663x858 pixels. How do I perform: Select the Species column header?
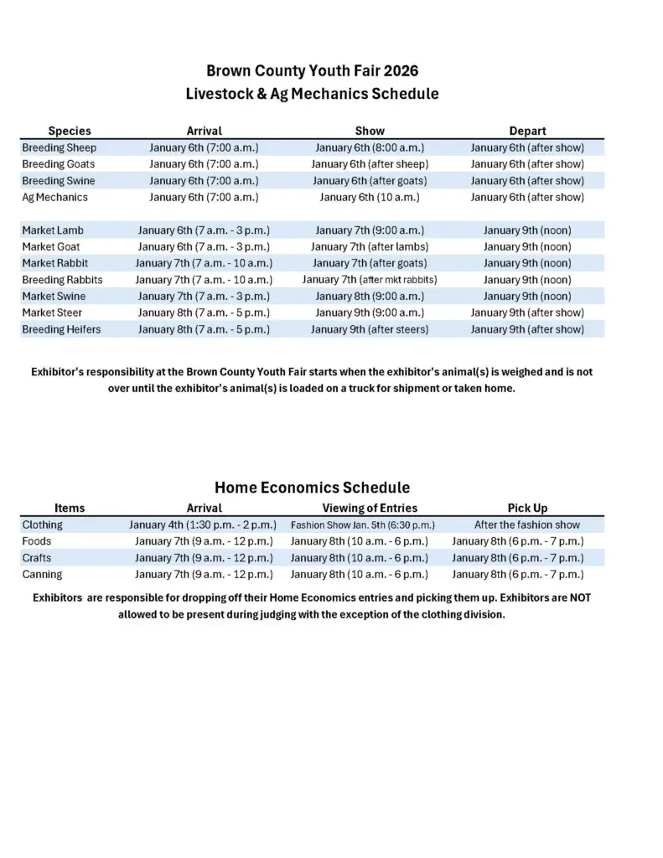pyautogui.click(x=70, y=131)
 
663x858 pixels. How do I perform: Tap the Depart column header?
pyautogui.click(x=527, y=131)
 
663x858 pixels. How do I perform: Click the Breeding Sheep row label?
pyautogui.click(x=59, y=147)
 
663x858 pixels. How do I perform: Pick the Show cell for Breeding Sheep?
pyautogui.click(x=370, y=147)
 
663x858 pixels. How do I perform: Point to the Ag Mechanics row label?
pyautogui.click(x=54, y=198)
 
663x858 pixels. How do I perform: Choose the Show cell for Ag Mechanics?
pyautogui.click(x=370, y=198)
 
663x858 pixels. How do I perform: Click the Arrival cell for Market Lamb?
pyautogui.click(x=204, y=230)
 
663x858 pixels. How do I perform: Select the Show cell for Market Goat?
pyautogui.click(x=370, y=247)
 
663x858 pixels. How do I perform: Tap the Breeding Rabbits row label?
pyautogui.click(x=62, y=280)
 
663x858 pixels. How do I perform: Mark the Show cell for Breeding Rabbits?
pyautogui.click(x=370, y=280)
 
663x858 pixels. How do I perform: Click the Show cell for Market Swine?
pyautogui.click(x=370, y=297)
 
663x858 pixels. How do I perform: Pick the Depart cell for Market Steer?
pyautogui.click(x=527, y=313)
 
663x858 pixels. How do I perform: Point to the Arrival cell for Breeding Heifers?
pyautogui.click(x=204, y=329)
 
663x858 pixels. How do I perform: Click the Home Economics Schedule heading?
pyautogui.click(x=312, y=487)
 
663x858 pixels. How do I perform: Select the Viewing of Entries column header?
pyautogui.click(x=370, y=508)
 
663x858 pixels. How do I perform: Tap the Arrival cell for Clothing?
pyautogui.click(x=203, y=525)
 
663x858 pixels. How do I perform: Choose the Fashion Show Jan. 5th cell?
pyautogui.click(x=362, y=525)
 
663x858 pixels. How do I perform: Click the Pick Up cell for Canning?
pyautogui.click(x=518, y=575)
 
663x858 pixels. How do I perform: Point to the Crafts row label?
pyautogui.click(x=37, y=558)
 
